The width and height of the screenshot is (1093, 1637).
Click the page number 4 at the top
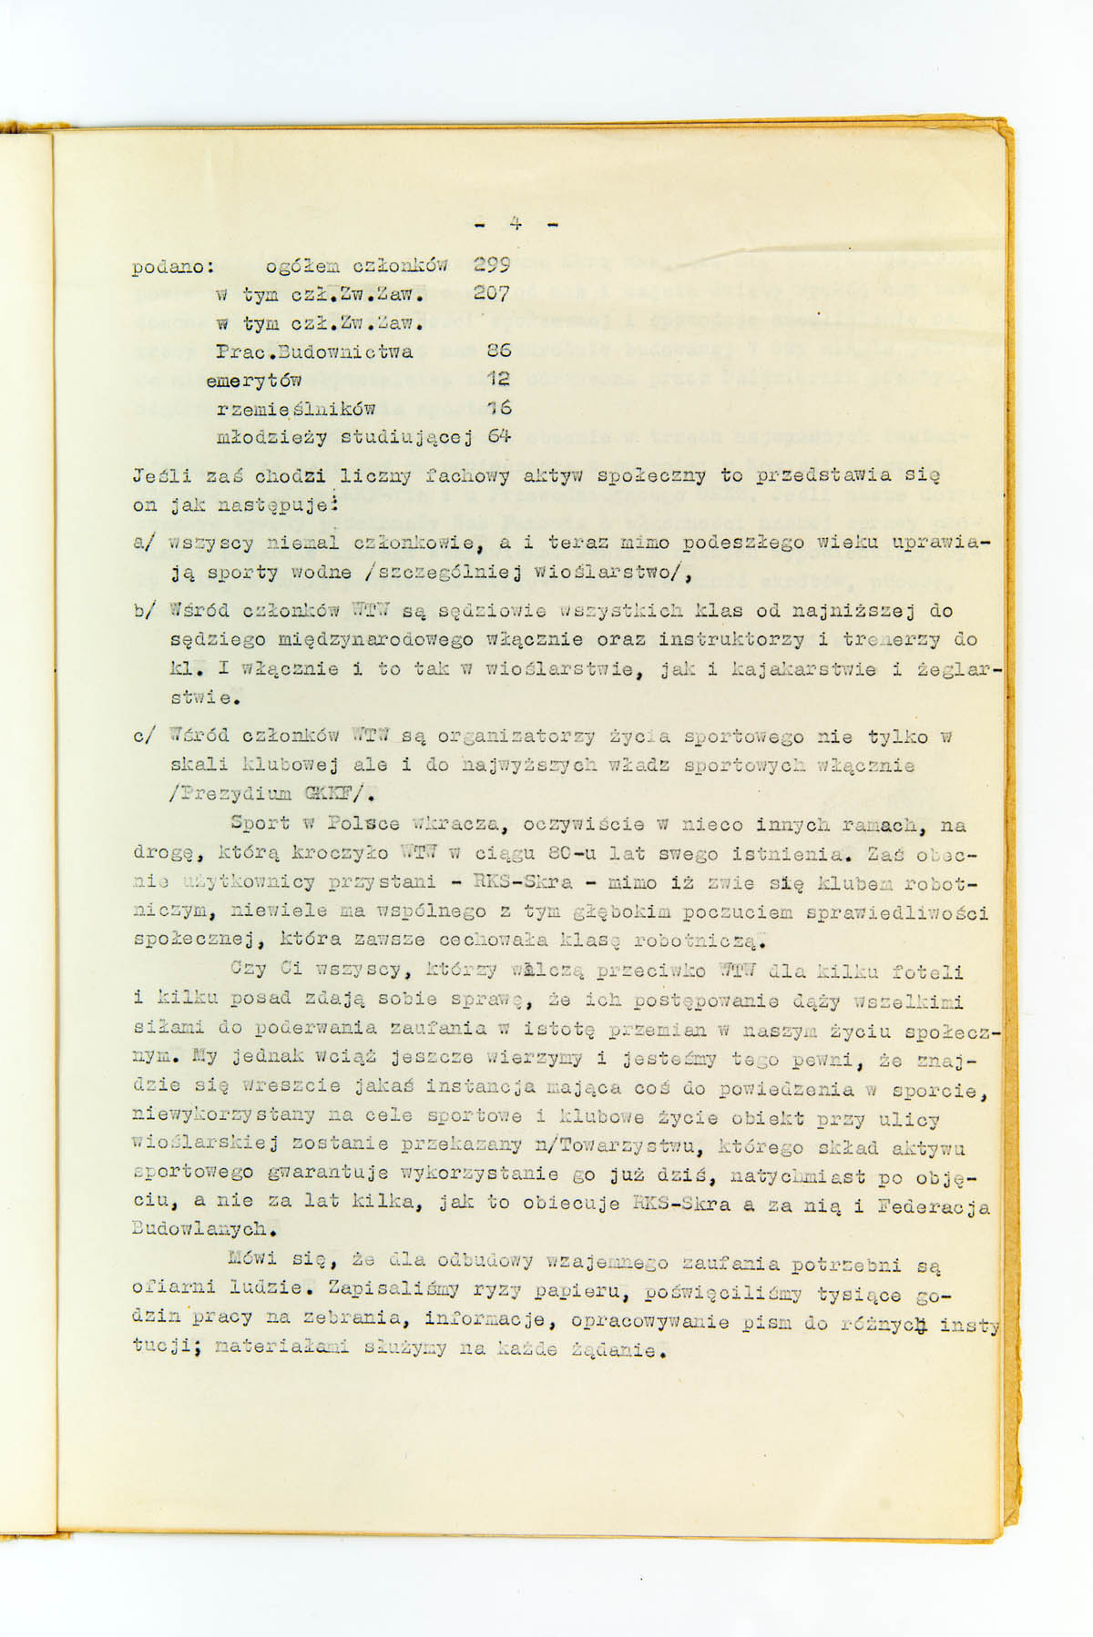coord(516,224)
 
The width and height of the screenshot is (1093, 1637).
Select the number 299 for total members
coord(493,266)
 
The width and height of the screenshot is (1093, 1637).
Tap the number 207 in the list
coord(493,294)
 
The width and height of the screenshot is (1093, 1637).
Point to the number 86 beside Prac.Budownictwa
coord(499,351)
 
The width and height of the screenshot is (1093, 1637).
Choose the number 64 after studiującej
coord(499,436)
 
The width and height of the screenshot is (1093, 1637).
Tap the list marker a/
coord(144,544)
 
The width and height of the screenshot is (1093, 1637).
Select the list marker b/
coord(144,611)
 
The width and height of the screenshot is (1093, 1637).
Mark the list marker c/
coord(144,736)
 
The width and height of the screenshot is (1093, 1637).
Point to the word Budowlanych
coord(205,1228)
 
